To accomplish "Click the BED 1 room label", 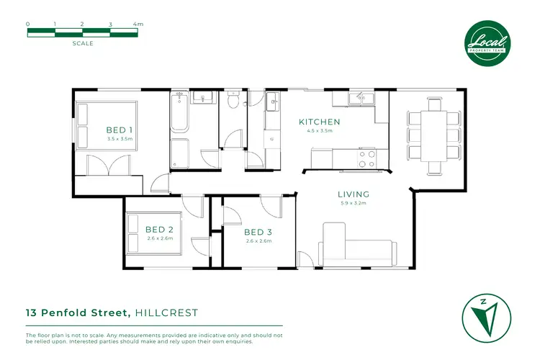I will [x=120, y=130].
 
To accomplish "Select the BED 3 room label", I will [x=257, y=232].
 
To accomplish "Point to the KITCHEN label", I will [x=319, y=122].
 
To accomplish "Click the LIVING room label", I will [x=354, y=194].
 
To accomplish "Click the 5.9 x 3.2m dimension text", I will [x=354, y=203].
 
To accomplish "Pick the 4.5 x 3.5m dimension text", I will [x=319, y=131].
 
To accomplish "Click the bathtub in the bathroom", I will [x=179, y=112].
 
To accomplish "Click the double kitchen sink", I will [x=357, y=99].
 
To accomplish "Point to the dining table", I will [x=434, y=135].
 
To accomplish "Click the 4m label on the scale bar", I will [x=138, y=24].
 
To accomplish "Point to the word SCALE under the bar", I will [x=83, y=43].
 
